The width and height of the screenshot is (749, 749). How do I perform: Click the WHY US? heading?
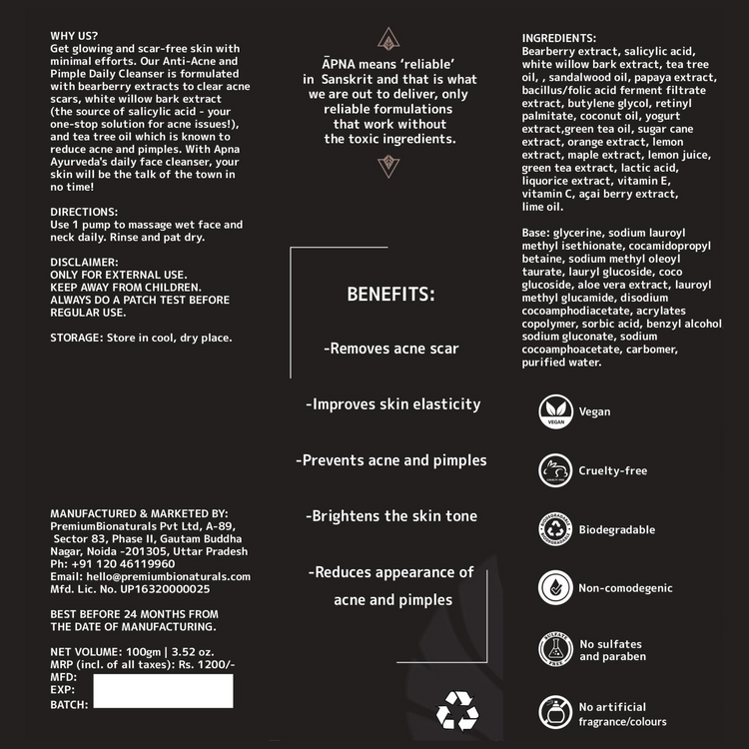point(73,36)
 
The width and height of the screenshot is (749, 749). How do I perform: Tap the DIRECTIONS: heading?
point(84,212)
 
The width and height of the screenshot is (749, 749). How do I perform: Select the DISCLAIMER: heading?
point(85,262)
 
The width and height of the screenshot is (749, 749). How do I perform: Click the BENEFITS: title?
point(390,295)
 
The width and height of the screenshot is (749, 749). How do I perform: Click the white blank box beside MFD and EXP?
point(163,690)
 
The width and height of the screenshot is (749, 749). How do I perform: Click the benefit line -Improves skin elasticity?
point(392,404)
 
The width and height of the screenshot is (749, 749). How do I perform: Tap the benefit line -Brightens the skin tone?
point(391,516)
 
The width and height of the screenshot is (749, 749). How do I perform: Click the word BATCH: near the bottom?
point(69,704)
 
